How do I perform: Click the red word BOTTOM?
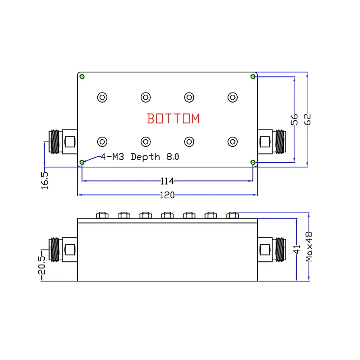pos(173,118)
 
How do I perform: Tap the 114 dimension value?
pos(167,181)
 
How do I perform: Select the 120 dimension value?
pos(167,195)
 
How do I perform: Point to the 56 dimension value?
pos(294,119)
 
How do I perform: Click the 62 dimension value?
pos(307,119)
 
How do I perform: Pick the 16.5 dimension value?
pos(44,180)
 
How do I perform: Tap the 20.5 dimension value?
pos(42,265)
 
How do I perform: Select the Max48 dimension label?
pos(309,247)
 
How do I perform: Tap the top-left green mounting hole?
pos(82,77)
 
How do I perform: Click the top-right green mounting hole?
pos(253,77)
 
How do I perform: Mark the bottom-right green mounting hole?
pos(253,162)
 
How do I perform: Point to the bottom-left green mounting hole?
pos(82,162)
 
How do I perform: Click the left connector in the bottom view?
pos(62,141)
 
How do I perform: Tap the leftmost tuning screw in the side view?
pos(102,215)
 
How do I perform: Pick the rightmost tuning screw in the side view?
pos(232,215)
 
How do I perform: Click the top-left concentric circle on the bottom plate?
pos(102,97)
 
